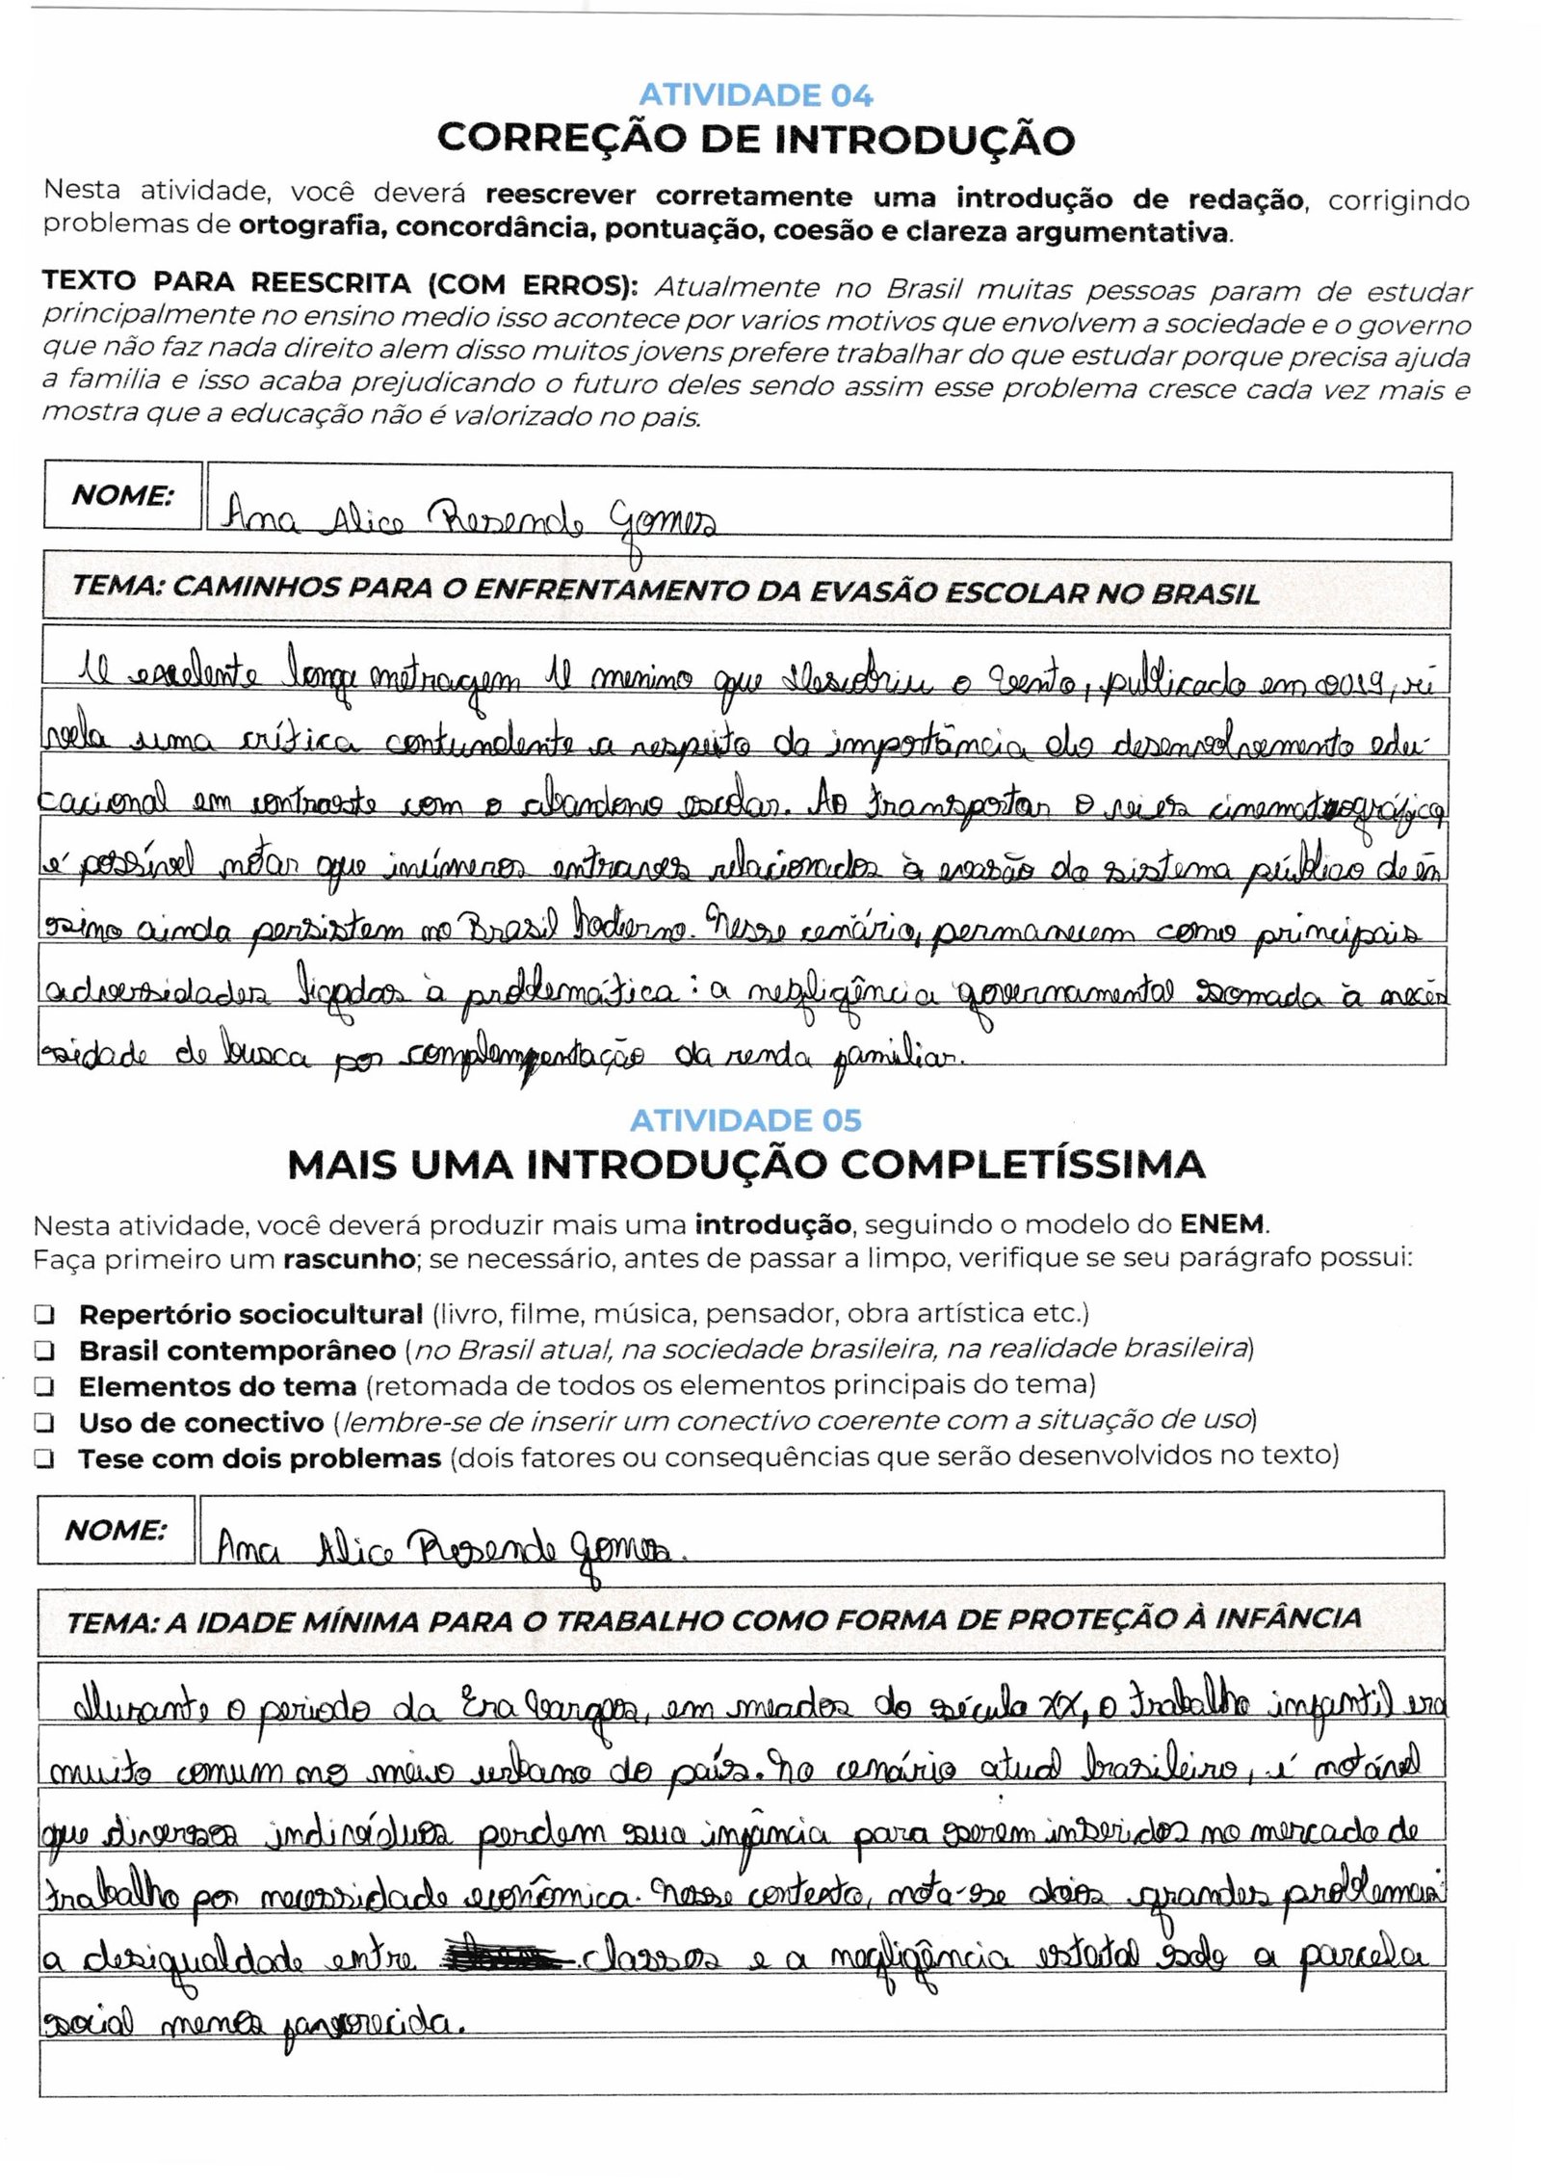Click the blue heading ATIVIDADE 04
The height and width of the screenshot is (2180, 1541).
tap(756, 95)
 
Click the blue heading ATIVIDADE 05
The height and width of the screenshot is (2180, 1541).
tap(745, 1120)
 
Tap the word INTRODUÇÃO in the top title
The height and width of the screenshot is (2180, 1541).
tap(925, 140)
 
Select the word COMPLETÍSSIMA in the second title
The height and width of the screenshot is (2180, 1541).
tap(1023, 1166)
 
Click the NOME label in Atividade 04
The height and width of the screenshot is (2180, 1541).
tap(122, 496)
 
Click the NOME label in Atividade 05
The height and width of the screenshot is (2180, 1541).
tap(116, 1530)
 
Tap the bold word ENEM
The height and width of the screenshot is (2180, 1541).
tap(1223, 1225)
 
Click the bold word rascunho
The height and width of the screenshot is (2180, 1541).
tap(349, 1259)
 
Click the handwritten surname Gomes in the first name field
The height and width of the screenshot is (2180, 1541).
tap(662, 523)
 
